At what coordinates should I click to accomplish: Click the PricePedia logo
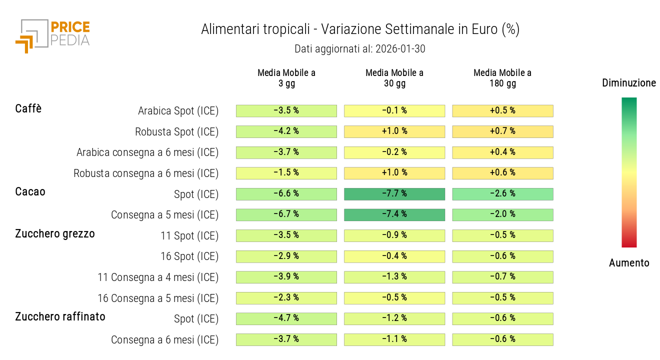(x=52, y=35)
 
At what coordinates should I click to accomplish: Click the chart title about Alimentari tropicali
(x=360, y=29)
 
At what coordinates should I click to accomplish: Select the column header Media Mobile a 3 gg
(x=286, y=78)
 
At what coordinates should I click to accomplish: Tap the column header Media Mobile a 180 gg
(x=502, y=78)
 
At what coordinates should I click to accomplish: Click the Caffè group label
(x=28, y=108)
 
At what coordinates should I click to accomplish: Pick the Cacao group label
(x=30, y=191)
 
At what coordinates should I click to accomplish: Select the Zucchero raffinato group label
(x=60, y=316)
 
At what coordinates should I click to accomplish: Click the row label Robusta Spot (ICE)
(x=176, y=132)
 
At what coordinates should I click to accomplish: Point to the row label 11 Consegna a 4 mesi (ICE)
(x=158, y=277)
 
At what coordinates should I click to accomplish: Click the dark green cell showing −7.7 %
(x=394, y=194)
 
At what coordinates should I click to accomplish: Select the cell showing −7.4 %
(x=394, y=214)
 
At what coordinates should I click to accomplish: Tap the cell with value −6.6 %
(x=286, y=194)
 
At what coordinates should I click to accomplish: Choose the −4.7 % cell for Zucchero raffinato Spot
(x=286, y=318)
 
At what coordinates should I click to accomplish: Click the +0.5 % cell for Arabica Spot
(x=502, y=111)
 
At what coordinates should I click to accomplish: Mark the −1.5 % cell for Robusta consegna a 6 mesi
(x=286, y=173)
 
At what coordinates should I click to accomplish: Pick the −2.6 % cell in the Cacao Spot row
(x=502, y=194)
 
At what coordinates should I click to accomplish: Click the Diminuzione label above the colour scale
(x=629, y=83)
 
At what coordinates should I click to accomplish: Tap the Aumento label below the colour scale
(x=629, y=263)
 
